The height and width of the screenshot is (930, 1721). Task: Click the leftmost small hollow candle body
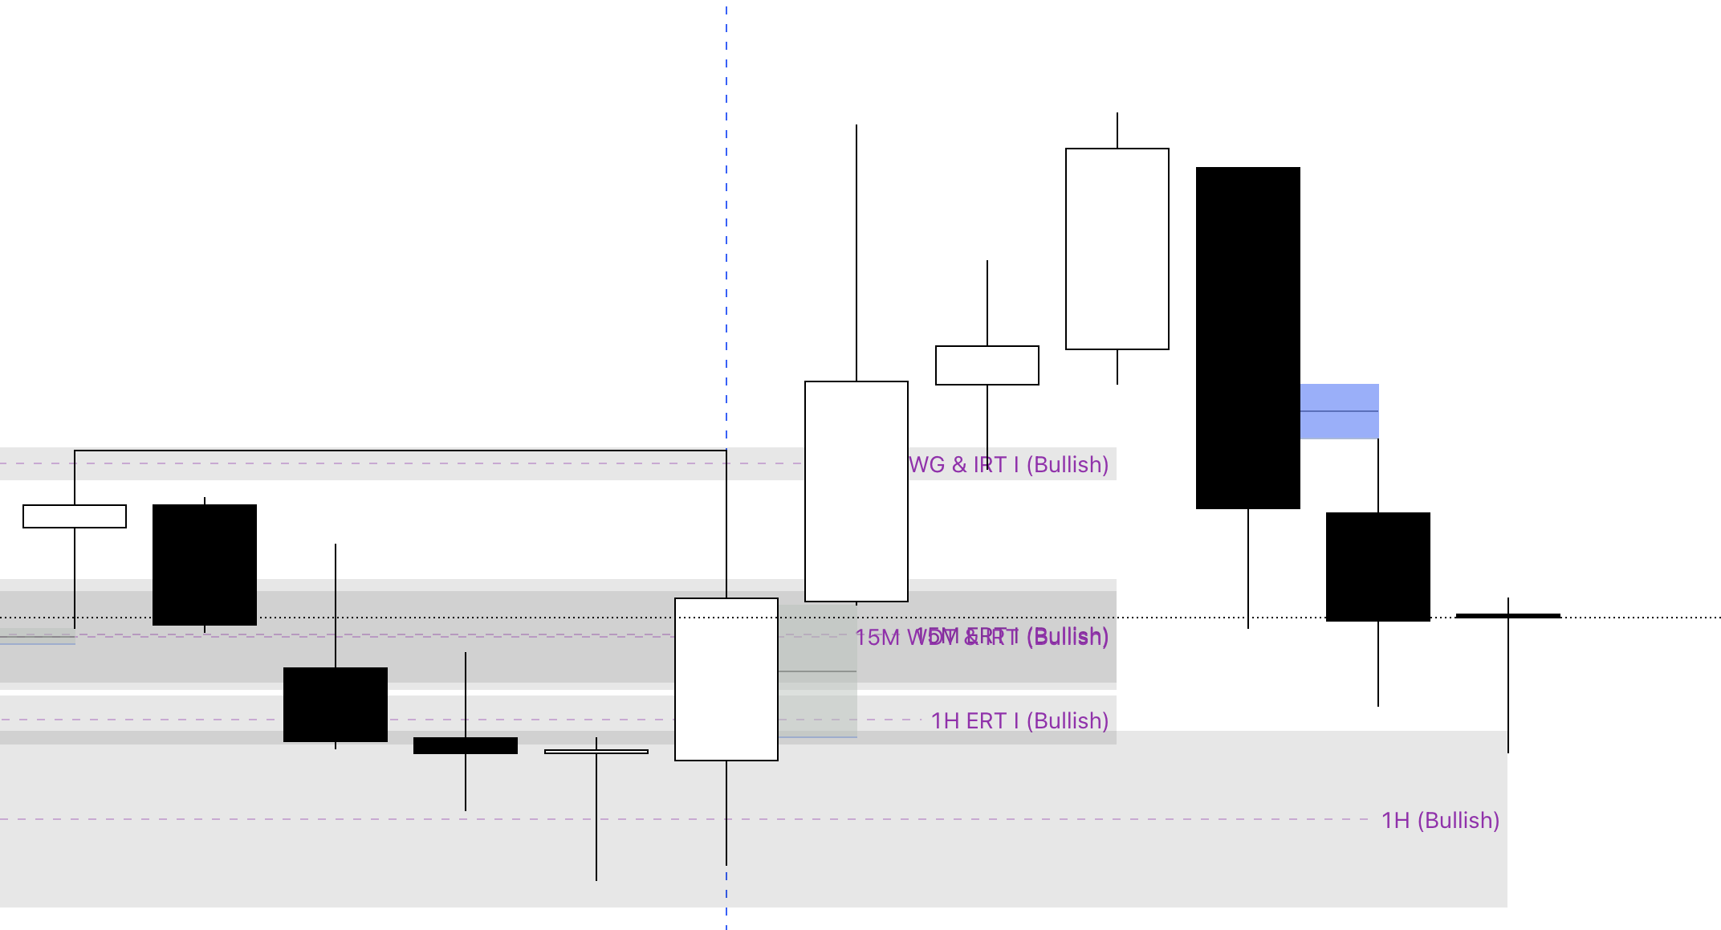tap(75, 516)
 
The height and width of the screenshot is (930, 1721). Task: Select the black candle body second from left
tap(205, 565)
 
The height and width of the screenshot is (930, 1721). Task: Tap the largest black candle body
tap(1248, 337)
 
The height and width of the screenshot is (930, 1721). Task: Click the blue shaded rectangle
tap(1339, 411)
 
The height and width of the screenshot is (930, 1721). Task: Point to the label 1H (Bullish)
tap(1440, 820)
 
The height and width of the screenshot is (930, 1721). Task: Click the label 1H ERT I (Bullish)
tap(1019, 720)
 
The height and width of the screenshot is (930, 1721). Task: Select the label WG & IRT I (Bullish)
tap(1008, 464)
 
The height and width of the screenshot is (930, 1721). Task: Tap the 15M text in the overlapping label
tap(877, 638)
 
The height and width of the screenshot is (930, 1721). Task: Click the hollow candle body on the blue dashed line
tap(726, 679)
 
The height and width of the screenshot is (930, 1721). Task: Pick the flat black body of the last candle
tap(1508, 616)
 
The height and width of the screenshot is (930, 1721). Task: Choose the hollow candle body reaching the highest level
tap(1117, 249)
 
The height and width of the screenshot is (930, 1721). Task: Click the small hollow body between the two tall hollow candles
tap(987, 365)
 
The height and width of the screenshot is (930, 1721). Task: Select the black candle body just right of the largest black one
tap(1378, 567)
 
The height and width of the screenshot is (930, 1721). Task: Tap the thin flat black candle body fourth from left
tap(466, 745)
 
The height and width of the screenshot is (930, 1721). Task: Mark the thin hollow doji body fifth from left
tap(596, 752)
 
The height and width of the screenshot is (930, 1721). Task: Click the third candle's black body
tap(336, 704)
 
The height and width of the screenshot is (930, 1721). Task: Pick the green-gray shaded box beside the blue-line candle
tap(818, 671)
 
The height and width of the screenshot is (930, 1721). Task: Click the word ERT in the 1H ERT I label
tap(987, 720)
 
